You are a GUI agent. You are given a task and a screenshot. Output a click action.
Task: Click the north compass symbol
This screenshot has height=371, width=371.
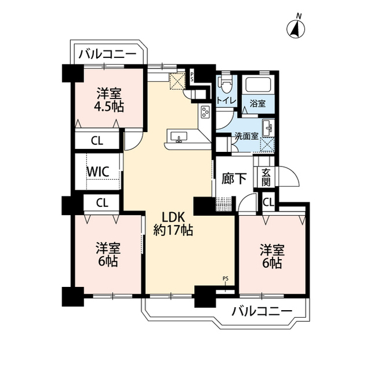click(296, 29)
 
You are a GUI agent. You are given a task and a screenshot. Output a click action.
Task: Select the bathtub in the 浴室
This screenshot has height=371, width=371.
click(257, 85)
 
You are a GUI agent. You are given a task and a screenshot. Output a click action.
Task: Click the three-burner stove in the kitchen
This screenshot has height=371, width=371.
click(205, 112)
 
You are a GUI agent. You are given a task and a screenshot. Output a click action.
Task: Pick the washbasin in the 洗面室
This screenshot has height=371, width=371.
click(268, 128)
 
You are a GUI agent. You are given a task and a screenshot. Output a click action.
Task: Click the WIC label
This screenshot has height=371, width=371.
click(98, 172)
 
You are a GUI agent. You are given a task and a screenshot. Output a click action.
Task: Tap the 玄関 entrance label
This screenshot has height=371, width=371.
click(266, 177)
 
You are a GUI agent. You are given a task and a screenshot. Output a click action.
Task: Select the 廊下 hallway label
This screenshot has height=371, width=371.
click(234, 179)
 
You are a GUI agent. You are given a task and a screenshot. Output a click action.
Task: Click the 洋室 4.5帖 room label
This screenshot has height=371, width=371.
click(109, 100)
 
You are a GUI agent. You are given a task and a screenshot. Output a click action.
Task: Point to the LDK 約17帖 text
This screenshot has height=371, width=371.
click(173, 224)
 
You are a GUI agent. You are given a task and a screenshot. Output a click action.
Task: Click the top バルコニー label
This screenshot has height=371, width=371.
click(108, 54)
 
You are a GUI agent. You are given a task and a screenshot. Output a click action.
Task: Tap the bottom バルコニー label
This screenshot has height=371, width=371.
click(262, 311)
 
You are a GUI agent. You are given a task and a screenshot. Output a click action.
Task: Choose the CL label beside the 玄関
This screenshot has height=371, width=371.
click(268, 202)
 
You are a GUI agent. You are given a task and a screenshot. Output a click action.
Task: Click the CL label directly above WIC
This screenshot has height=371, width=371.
click(97, 141)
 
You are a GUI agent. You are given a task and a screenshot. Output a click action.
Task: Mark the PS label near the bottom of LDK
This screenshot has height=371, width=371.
click(225, 279)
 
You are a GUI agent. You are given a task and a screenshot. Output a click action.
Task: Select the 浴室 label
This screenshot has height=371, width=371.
click(257, 103)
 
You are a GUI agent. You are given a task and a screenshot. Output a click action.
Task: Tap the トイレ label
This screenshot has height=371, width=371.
click(227, 101)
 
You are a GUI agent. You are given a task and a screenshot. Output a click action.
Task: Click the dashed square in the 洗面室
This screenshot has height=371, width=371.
click(267, 144)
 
